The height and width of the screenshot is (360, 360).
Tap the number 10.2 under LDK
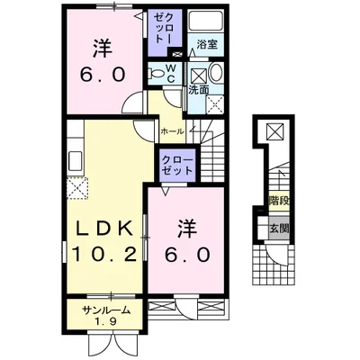pyautogui.click(x=104, y=255)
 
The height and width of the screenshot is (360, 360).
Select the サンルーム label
pyautogui.click(x=106, y=310)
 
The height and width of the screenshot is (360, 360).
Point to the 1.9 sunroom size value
pyautogui.click(x=106, y=321)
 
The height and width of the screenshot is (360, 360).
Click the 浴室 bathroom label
pyautogui.click(x=207, y=45)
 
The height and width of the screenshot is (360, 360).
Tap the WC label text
pyautogui.click(x=171, y=73)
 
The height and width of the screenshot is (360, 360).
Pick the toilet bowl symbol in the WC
pyautogui.click(x=156, y=73)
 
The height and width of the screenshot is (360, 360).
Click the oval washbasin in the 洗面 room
pyautogui.click(x=215, y=73)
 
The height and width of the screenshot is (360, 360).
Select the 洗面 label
pyautogui.click(x=198, y=90)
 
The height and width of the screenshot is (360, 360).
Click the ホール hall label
pyautogui.click(x=172, y=131)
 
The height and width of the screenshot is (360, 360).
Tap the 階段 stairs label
pyautogui.click(x=279, y=200)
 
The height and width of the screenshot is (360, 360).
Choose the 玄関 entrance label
pyautogui.click(x=279, y=229)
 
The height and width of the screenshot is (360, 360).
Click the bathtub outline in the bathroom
pyautogui.click(x=205, y=21)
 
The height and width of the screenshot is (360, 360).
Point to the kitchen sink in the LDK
pyautogui.click(x=75, y=161)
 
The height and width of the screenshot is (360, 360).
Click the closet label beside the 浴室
pyautogui.click(x=164, y=29)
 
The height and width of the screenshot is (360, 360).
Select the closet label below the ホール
pyautogui.click(x=177, y=166)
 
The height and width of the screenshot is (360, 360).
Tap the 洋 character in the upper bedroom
pyautogui.click(x=102, y=49)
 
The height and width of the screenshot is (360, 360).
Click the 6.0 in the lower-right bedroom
pyautogui.click(x=186, y=255)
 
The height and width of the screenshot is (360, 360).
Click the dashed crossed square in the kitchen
pyautogui.click(x=77, y=188)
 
